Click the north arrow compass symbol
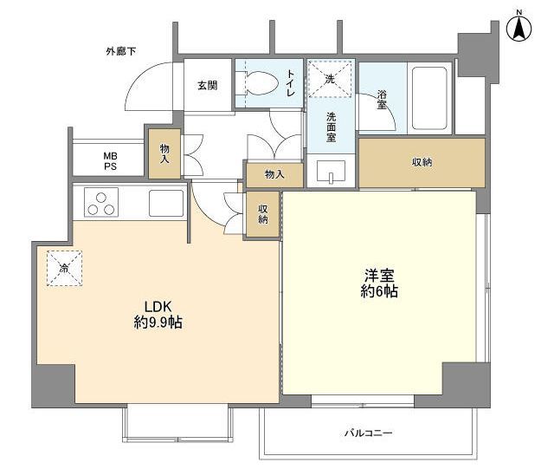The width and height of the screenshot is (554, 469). point(519,29)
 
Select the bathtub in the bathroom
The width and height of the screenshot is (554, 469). point(429,98)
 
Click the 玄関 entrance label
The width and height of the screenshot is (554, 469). point(207,85)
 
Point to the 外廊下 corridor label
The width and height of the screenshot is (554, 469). point(121,52)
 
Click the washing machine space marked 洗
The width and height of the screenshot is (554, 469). point(330,79)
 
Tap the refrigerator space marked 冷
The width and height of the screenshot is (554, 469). point(64,268)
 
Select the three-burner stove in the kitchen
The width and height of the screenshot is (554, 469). point(101,203)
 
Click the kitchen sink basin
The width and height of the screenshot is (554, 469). point(166,203)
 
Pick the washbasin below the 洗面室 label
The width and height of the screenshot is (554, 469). point(331,172)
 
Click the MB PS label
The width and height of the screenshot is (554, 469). point(110,161)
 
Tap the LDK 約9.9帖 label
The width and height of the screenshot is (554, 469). point(158,315)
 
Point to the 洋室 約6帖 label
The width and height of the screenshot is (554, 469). point(379,283)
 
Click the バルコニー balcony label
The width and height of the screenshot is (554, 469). point(369,433)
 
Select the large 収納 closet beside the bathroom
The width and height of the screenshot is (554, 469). point(422,162)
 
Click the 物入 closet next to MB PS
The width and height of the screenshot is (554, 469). point(164,153)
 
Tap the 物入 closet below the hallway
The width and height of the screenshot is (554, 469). point(274,175)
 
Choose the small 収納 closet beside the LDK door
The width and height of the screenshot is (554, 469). point(262,214)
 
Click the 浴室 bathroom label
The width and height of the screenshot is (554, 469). point(382,100)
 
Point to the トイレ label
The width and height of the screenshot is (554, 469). point(291,83)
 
